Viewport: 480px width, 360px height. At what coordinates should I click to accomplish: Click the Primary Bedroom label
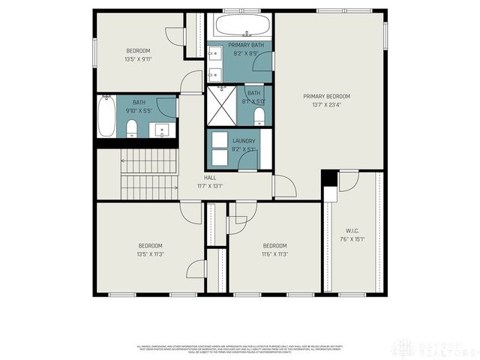326,96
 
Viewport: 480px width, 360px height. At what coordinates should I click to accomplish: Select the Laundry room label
244,141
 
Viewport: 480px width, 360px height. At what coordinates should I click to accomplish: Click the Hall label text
210,178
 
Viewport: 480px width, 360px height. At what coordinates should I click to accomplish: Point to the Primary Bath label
244,45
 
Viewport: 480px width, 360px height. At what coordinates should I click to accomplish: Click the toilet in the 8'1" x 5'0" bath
259,115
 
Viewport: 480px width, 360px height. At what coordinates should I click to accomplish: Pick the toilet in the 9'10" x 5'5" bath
132,128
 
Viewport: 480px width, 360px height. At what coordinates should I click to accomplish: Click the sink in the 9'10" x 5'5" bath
163,130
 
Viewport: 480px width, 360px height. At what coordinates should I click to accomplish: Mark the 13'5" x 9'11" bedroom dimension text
137,58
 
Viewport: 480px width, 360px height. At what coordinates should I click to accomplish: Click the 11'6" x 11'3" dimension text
274,254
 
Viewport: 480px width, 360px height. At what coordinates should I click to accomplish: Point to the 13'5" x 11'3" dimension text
149,254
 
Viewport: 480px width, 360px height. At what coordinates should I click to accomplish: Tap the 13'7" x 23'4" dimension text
326,105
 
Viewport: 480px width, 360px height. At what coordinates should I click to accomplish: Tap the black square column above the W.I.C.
328,179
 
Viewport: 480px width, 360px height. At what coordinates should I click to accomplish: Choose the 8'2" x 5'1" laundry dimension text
244,149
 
